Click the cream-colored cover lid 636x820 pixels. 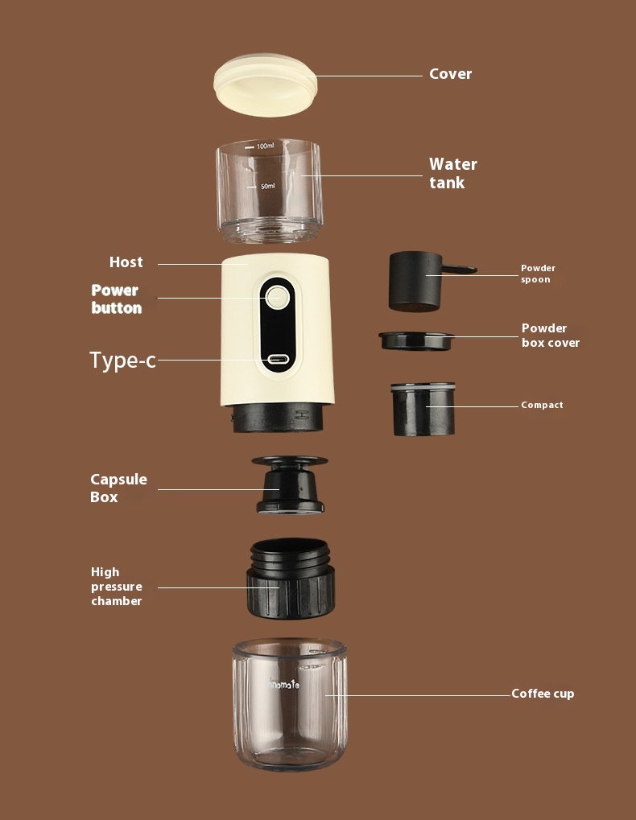265,84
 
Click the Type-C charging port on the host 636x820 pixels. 279,360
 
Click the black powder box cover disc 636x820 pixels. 416,340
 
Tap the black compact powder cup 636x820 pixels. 423,409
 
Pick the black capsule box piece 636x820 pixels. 290,484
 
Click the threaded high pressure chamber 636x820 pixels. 291,579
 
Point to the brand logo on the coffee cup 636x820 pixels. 284,683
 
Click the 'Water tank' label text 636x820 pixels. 453,173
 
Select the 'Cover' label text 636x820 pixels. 450,74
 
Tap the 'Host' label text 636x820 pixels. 126,262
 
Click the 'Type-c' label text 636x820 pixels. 123,361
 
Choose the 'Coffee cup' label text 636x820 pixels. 543,694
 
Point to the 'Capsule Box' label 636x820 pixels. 118,488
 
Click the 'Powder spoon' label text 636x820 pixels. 538,274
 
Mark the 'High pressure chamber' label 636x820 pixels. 116,587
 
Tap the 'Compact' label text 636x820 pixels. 542,405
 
